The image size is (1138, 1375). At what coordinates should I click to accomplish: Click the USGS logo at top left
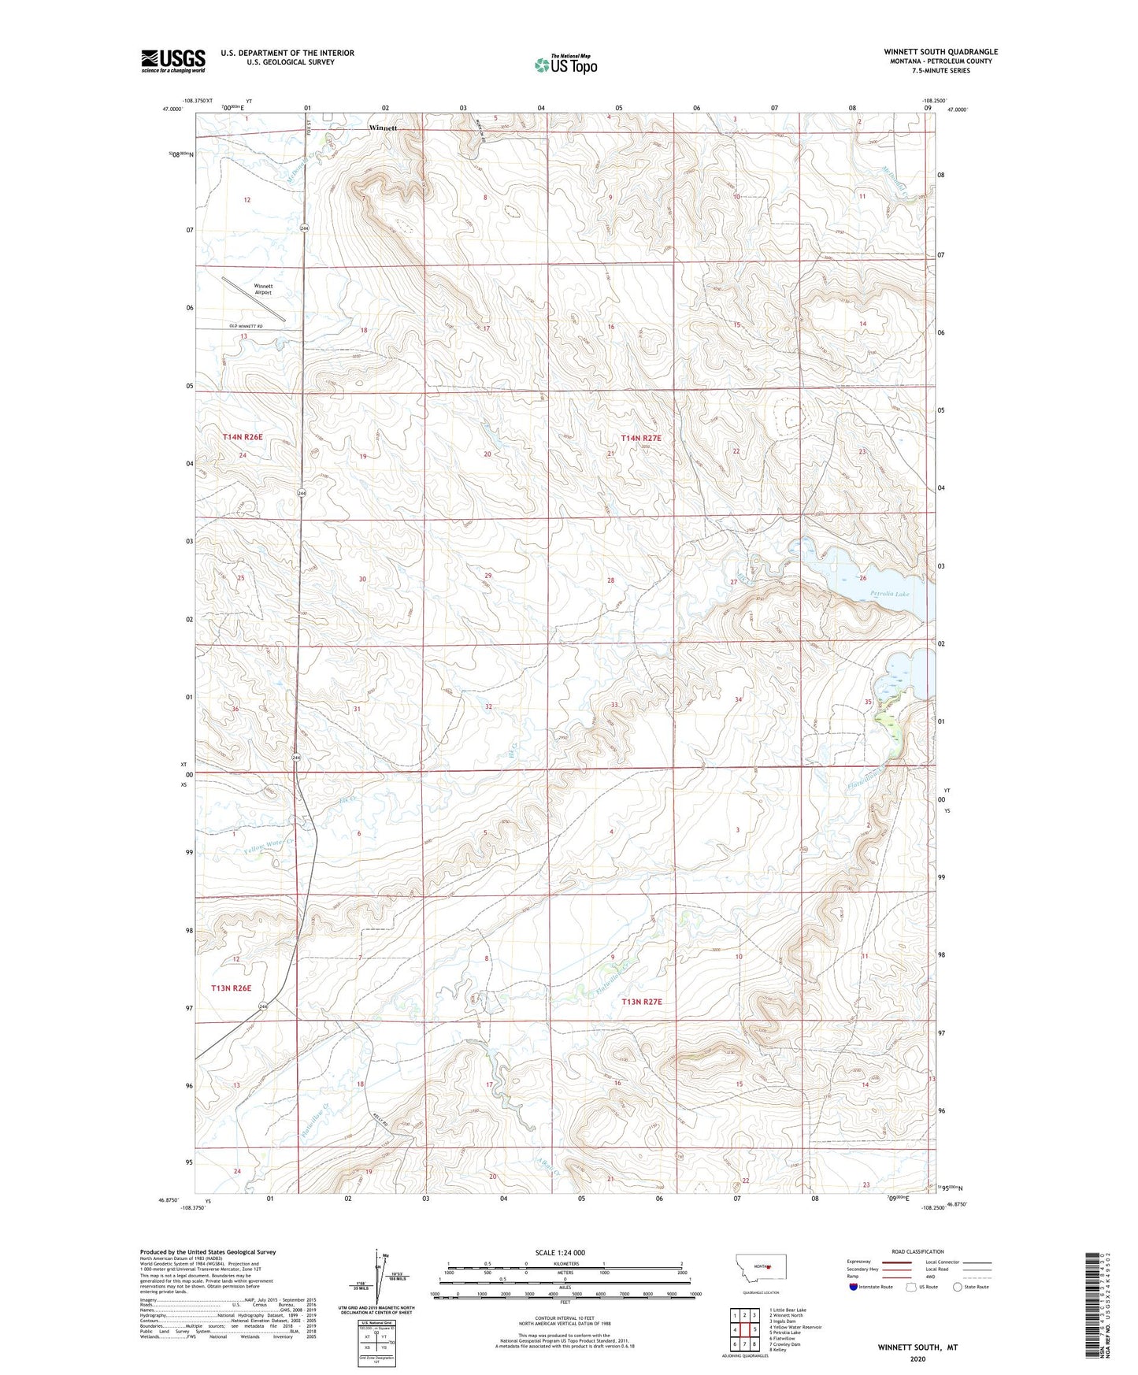[x=173, y=61]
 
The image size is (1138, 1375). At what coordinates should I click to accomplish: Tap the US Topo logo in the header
[x=565, y=65]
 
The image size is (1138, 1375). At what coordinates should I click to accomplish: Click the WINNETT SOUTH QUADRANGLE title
[x=940, y=52]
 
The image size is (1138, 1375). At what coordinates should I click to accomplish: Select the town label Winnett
[x=384, y=128]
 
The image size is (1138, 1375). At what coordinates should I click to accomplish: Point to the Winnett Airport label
[x=263, y=289]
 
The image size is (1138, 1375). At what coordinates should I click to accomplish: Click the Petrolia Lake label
[x=890, y=594]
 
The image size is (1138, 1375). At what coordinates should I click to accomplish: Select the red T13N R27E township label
[x=642, y=1002]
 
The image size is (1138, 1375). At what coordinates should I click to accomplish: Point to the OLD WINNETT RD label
[x=246, y=326]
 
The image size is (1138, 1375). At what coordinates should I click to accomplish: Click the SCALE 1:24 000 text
[x=560, y=1252]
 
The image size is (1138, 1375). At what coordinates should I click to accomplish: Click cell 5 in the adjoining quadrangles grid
[x=754, y=1330]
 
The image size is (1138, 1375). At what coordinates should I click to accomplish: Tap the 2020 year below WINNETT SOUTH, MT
[x=917, y=1358]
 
